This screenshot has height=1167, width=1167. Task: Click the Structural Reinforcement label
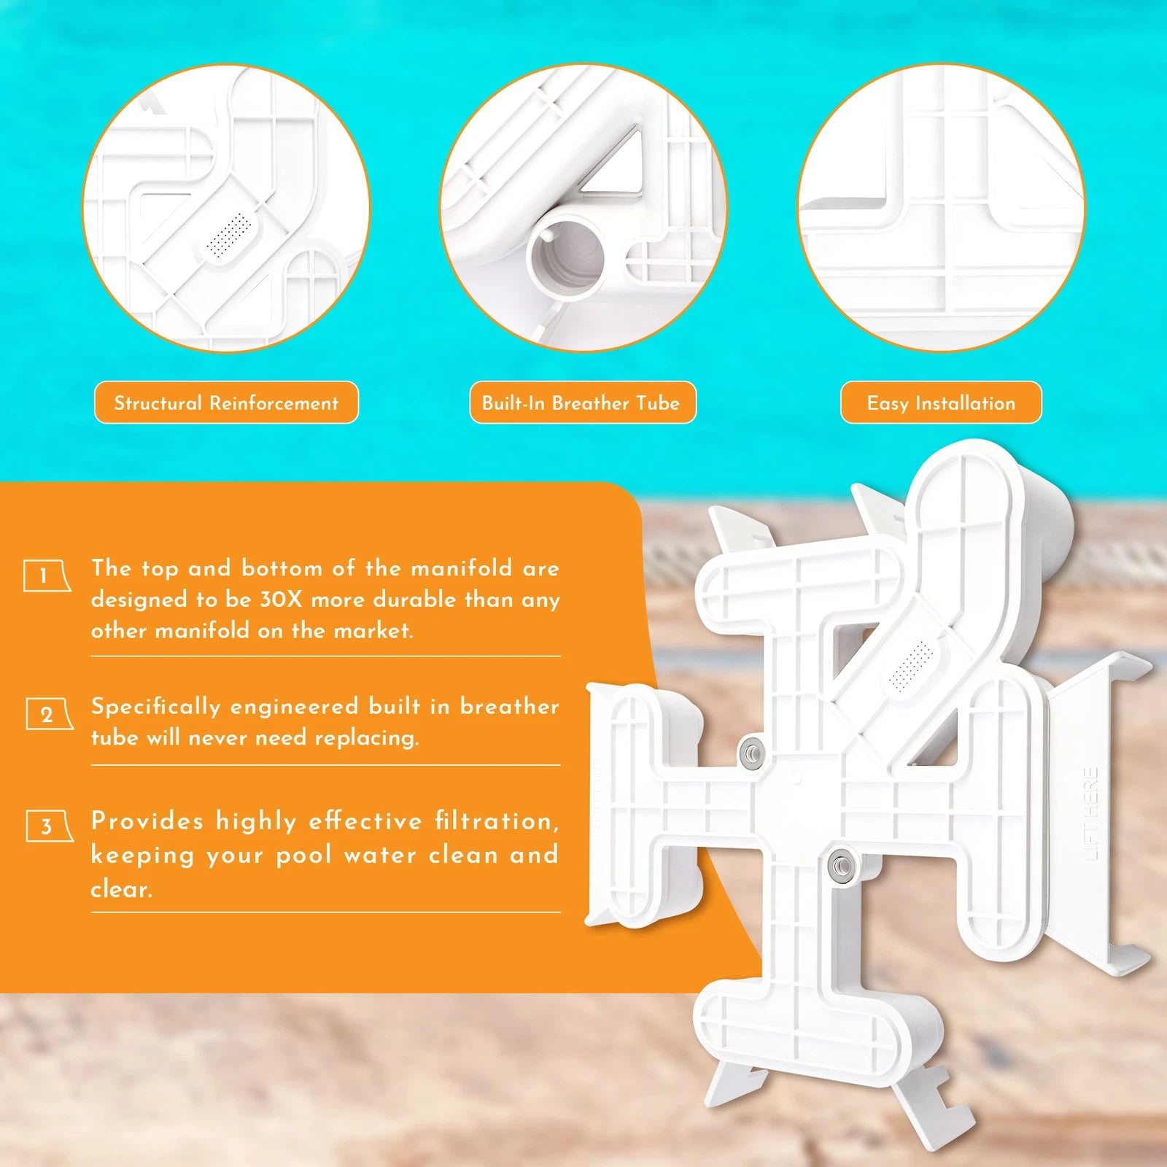[x=226, y=403]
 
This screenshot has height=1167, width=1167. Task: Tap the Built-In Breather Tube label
[x=583, y=403]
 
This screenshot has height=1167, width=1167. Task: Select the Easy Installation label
[x=941, y=403]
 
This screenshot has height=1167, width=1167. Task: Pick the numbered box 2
[x=49, y=714]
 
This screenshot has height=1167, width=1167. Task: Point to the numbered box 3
[x=49, y=826]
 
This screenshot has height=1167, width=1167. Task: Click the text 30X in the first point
[x=281, y=600]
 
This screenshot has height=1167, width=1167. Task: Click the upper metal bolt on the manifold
[x=751, y=751]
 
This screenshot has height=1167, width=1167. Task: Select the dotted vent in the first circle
[x=229, y=235]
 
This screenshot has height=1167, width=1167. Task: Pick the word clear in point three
[x=121, y=888]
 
